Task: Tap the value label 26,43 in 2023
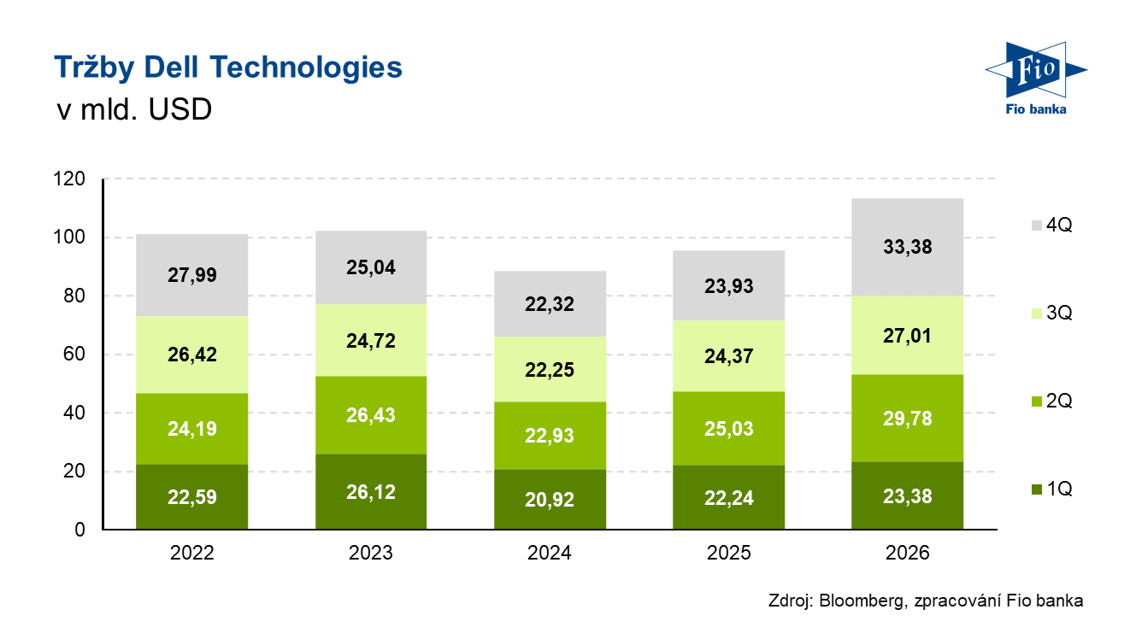pyautogui.click(x=371, y=415)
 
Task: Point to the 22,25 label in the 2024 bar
pyautogui.click(x=550, y=370)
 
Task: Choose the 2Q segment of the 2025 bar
pyautogui.click(x=729, y=427)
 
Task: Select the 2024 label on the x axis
pyautogui.click(x=550, y=554)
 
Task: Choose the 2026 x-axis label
pyautogui.click(x=908, y=554)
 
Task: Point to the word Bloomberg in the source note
pyautogui.click(x=858, y=601)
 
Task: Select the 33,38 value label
pyautogui.click(x=908, y=248)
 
